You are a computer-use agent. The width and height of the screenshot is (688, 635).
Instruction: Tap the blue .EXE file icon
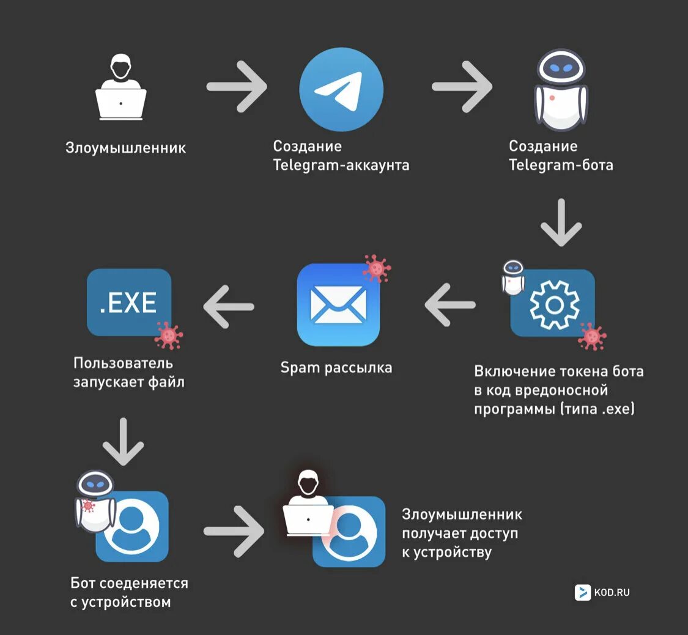pyautogui.click(x=129, y=303)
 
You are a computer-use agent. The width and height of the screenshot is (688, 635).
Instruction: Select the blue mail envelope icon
pyautogui.click(x=338, y=304)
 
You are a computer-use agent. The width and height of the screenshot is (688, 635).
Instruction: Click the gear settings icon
pyautogui.click(x=553, y=304)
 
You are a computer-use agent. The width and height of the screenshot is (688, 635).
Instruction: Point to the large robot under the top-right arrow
pyautogui.click(x=561, y=90)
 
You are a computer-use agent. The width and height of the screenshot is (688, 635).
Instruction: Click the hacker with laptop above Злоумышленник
pyautogui.click(x=121, y=89)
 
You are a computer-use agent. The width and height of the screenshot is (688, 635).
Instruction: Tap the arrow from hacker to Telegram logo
pyautogui.click(x=237, y=86)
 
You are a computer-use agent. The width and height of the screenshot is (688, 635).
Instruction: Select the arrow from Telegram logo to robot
pyautogui.click(x=462, y=86)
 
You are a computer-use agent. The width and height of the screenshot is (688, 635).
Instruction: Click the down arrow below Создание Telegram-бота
pyautogui.click(x=561, y=222)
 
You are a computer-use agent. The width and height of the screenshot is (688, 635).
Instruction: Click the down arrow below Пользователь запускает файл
pyautogui.click(x=122, y=441)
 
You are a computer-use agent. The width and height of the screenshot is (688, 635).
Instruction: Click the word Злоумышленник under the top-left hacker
pyautogui.click(x=125, y=148)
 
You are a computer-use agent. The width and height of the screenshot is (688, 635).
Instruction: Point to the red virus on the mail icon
pyautogui.click(x=377, y=268)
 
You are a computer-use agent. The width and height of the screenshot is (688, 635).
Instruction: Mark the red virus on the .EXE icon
pyautogui.click(x=168, y=335)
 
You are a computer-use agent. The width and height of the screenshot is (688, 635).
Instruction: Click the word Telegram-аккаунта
pyautogui.click(x=341, y=165)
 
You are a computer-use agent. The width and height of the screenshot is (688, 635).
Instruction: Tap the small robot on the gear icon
pyautogui.click(x=512, y=277)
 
